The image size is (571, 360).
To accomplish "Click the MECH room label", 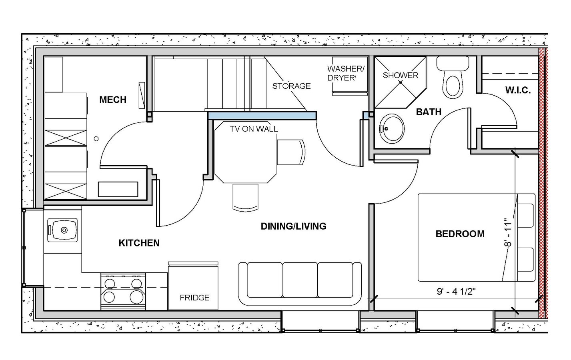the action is pyautogui.click(x=113, y=100).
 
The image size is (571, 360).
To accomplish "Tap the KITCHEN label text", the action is pyautogui.click(x=139, y=243).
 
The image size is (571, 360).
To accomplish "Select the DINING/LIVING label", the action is pyautogui.click(x=293, y=226).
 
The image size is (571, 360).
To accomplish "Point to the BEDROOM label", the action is pyautogui.click(x=460, y=234).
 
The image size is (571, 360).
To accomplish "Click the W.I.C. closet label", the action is pyautogui.click(x=518, y=90).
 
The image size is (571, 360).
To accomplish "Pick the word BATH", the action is pyautogui.click(x=429, y=112).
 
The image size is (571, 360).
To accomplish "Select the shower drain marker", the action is pyautogui.click(x=400, y=82).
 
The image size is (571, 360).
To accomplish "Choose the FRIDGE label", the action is pyautogui.click(x=194, y=298).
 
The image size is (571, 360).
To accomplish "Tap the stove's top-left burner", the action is pyautogui.click(x=110, y=284).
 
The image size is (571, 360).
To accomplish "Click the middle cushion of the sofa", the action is pyautogui.click(x=300, y=280).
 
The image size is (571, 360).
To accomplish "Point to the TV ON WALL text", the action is pyautogui.click(x=254, y=129).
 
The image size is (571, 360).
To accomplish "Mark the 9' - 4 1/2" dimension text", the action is pyautogui.click(x=456, y=292).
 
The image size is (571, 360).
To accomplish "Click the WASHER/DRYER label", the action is pyautogui.click(x=346, y=73).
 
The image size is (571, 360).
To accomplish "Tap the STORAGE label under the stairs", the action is pyautogui.click(x=291, y=86).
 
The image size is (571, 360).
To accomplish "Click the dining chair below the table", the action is pyautogui.click(x=245, y=198).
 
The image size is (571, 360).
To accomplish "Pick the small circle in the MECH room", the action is pyautogui.click(x=96, y=139).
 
